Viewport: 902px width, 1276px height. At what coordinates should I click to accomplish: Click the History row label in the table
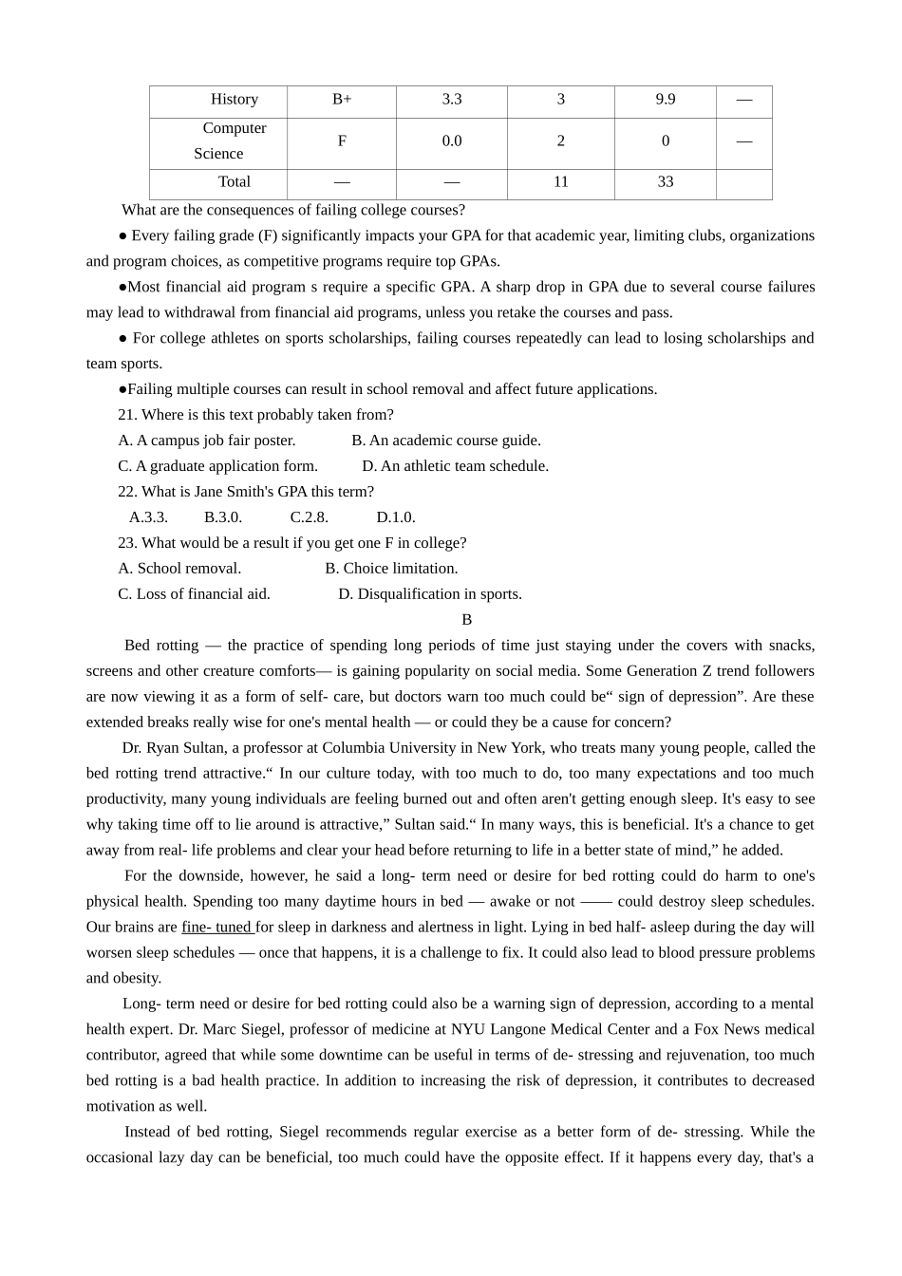pyautogui.click(x=234, y=100)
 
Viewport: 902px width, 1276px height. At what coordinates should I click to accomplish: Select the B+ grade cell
pyautogui.click(x=342, y=100)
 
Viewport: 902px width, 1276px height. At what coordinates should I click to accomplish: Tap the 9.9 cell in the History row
pyautogui.click(x=666, y=100)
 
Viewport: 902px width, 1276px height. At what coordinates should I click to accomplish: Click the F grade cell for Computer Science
pyautogui.click(x=342, y=141)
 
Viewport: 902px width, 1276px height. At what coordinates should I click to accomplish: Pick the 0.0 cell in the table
pyautogui.click(x=452, y=141)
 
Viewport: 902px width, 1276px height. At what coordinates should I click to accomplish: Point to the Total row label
pyautogui.click(x=235, y=182)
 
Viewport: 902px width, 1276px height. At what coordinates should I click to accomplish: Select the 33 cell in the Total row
pyautogui.click(x=666, y=182)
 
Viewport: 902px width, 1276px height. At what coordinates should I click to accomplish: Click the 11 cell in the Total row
pyautogui.click(x=561, y=182)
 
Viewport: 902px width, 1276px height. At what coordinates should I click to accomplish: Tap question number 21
pyautogui.click(x=127, y=415)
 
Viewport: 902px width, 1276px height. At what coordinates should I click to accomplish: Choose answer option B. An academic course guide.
pyautogui.click(x=446, y=441)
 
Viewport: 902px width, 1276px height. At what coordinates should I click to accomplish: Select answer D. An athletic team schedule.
pyautogui.click(x=455, y=466)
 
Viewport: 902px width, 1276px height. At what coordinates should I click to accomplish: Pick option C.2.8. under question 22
pyautogui.click(x=310, y=517)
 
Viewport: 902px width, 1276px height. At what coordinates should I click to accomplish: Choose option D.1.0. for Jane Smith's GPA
pyautogui.click(x=396, y=517)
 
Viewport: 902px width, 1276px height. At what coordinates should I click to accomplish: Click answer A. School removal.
pyautogui.click(x=179, y=569)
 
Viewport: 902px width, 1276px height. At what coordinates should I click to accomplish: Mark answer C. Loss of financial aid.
pyautogui.click(x=194, y=594)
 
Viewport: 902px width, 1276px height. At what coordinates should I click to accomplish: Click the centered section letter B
pyautogui.click(x=466, y=620)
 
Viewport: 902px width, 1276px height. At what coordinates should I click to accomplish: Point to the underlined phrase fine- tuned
pyautogui.click(x=216, y=928)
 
